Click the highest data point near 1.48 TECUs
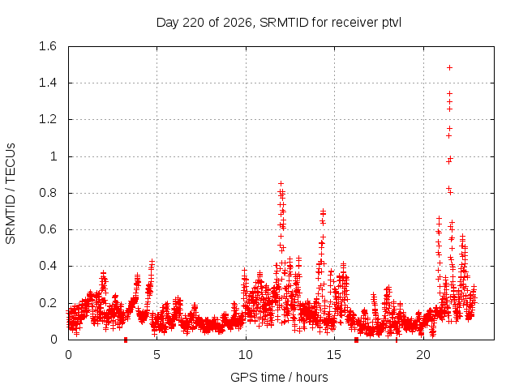449,68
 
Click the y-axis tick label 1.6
48,46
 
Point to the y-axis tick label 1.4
48,83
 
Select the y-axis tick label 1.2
48,119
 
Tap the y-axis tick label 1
54,156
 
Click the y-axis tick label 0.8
48,193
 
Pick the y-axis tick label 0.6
48,229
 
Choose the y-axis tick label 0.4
48,266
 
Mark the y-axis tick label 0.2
48,302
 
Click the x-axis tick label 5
157,355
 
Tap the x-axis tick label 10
246,355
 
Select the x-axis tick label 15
334,355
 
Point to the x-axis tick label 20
423,355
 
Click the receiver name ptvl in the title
392,23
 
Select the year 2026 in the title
238,23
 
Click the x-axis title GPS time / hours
279,377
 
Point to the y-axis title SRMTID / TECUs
11,194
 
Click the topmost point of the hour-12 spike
281,184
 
